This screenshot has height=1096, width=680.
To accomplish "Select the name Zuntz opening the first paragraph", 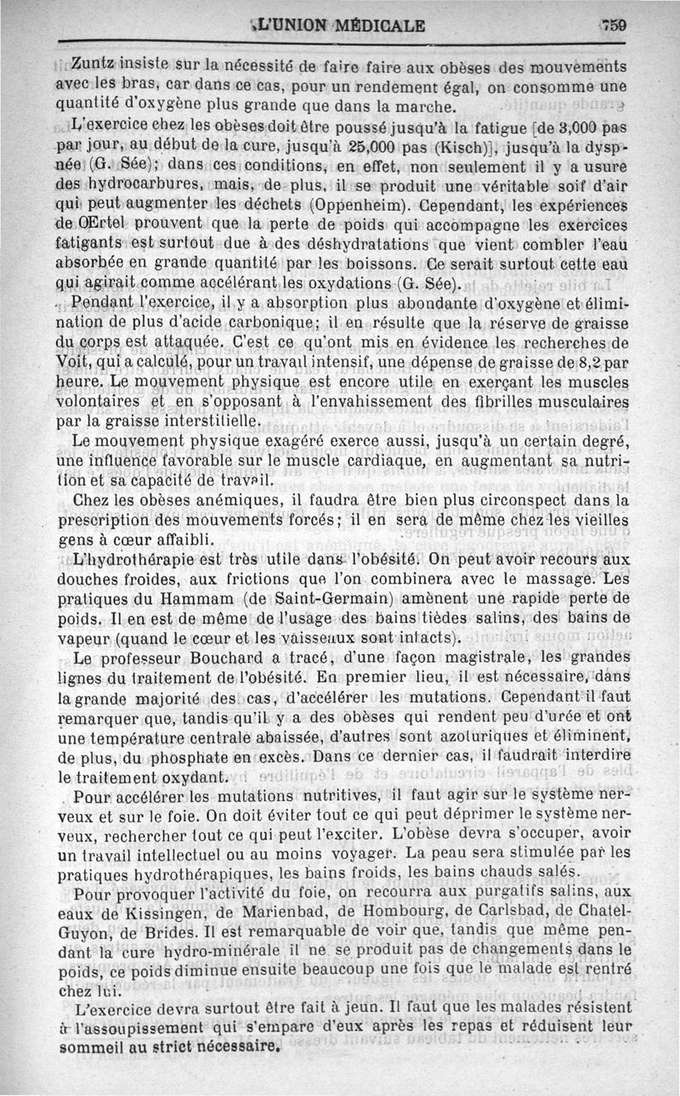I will tap(91, 65).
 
